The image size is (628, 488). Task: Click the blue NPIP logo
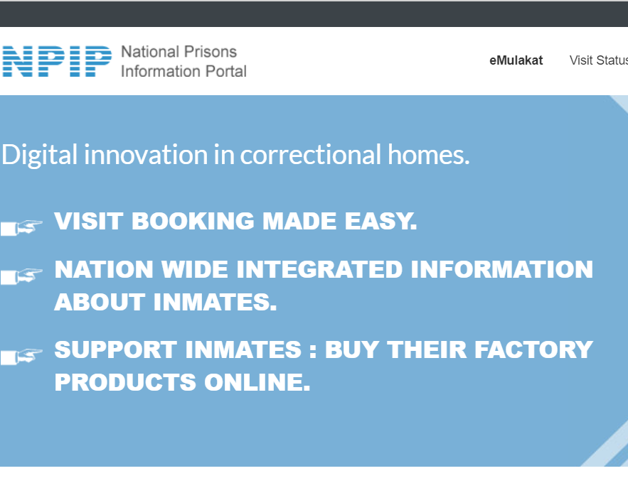(x=57, y=61)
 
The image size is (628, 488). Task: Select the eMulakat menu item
(x=516, y=60)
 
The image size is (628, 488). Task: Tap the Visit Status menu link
(x=598, y=60)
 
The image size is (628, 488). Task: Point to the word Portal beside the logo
(x=225, y=71)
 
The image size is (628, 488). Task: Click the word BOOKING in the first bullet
(x=193, y=222)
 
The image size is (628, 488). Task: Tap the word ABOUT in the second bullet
(x=100, y=303)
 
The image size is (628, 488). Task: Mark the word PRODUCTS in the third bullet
(x=125, y=383)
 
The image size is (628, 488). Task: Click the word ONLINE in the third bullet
(x=257, y=383)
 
